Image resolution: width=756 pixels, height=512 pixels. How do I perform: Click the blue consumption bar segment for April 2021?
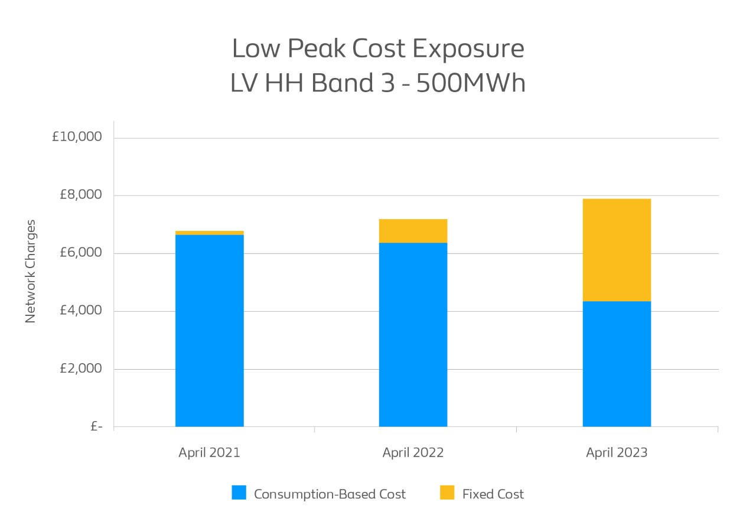[210, 331]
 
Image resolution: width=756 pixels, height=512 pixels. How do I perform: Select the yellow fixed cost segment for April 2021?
[210, 233]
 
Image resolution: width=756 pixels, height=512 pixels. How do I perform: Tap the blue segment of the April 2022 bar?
[413, 334]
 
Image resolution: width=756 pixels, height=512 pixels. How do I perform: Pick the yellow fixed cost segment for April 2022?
[413, 231]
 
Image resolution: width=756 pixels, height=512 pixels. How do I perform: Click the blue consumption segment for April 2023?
[617, 364]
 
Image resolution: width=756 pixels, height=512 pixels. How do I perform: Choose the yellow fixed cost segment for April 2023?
[617, 250]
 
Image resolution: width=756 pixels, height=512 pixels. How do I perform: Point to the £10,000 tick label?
[77, 137]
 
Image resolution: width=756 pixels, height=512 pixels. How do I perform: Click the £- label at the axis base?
[96, 426]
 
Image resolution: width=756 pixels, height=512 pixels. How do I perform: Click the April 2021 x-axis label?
[210, 453]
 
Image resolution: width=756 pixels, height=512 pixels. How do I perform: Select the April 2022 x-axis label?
[413, 453]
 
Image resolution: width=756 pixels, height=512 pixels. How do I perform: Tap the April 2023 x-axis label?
[617, 453]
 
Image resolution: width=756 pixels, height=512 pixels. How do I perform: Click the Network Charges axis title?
[31, 272]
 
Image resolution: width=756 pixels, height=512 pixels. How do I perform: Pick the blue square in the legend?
[239, 493]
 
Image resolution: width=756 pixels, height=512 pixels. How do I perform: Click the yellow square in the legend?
[447, 493]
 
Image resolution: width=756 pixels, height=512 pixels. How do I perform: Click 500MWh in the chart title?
[471, 83]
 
